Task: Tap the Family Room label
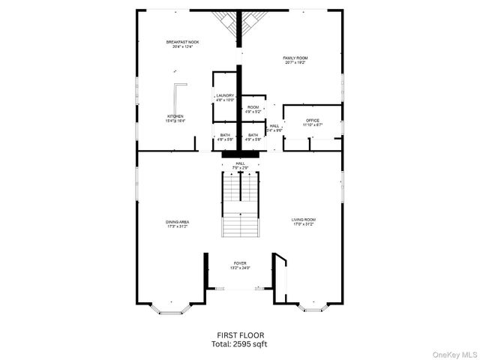[x=295, y=58]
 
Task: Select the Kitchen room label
[x=175, y=116]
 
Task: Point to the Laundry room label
[x=225, y=96]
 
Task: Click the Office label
[x=313, y=120]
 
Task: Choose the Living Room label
[x=303, y=219]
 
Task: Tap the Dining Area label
[x=177, y=221]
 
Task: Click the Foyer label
[x=240, y=263]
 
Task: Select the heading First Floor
[x=240, y=335]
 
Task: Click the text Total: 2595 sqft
[x=240, y=343]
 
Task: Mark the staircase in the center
[x=240, y=202]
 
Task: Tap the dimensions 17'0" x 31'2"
[x=303, y=224]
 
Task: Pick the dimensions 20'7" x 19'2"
[x=295, y=62]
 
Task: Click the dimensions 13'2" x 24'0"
[x=240, y=268]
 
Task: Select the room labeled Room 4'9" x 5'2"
[x=253, y=109]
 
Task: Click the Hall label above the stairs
[x=240, y=163]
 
